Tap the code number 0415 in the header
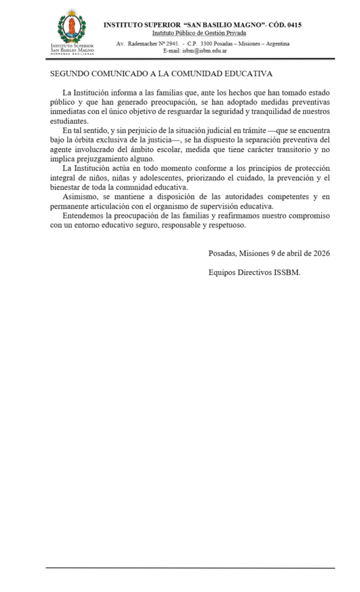pos(294,25)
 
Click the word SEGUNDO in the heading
pos(70,74)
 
